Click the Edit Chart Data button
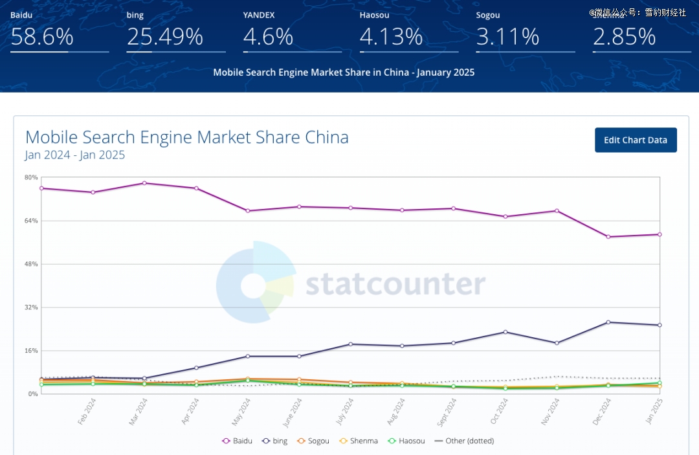point(636,140)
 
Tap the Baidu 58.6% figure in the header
point(42,37)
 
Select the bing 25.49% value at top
point(165,37)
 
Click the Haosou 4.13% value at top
point(390,37)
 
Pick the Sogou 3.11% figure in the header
point(507,37)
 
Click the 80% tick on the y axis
point(31,177)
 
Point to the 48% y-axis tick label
point(31,264)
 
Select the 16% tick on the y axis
point(31,351)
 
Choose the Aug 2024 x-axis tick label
point(397,412)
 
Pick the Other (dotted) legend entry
point(464,441)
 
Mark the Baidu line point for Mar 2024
point(144,183)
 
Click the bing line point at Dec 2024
point(608,322)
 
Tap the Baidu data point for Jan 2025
point(660,234)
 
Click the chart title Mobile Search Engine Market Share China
point(187,137)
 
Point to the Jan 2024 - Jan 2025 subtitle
point(75,155)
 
